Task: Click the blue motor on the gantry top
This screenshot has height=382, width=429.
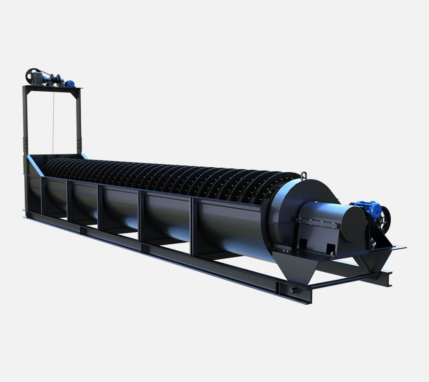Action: [69, 83]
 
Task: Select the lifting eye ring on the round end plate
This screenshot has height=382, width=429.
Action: [303, 175]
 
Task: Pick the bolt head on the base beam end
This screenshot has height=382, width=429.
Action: [293, 290]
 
